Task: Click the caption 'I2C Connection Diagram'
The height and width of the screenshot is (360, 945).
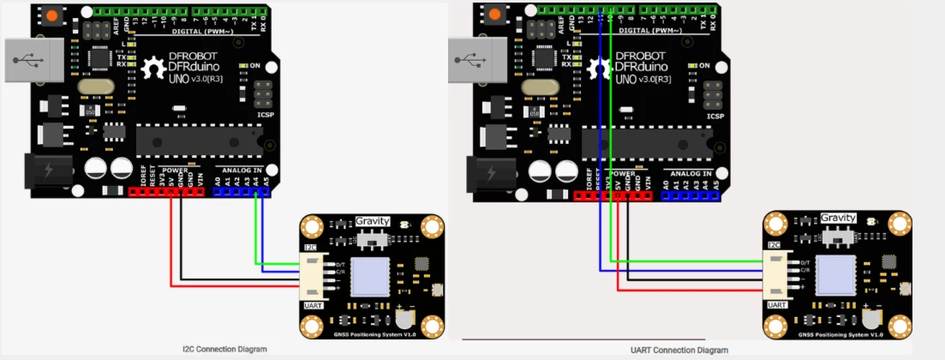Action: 224,349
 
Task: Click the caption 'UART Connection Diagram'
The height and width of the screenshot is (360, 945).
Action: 679,350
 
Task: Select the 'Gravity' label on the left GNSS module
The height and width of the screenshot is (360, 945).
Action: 373,220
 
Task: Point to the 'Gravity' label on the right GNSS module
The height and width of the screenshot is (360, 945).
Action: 838,218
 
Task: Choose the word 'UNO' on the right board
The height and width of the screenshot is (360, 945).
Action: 632,79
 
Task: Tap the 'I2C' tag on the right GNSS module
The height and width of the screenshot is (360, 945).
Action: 774,244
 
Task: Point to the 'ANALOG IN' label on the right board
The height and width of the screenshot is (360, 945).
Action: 692,172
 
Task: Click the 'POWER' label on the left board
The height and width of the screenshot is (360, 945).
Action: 172,170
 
